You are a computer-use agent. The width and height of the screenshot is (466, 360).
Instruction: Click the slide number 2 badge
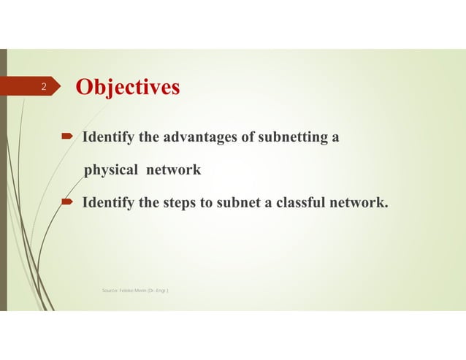[x=44, y=88]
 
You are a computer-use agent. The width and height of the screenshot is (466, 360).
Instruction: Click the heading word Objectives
[x=128, y=88]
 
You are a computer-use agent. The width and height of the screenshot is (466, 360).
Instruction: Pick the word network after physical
[x=173, y=170]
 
